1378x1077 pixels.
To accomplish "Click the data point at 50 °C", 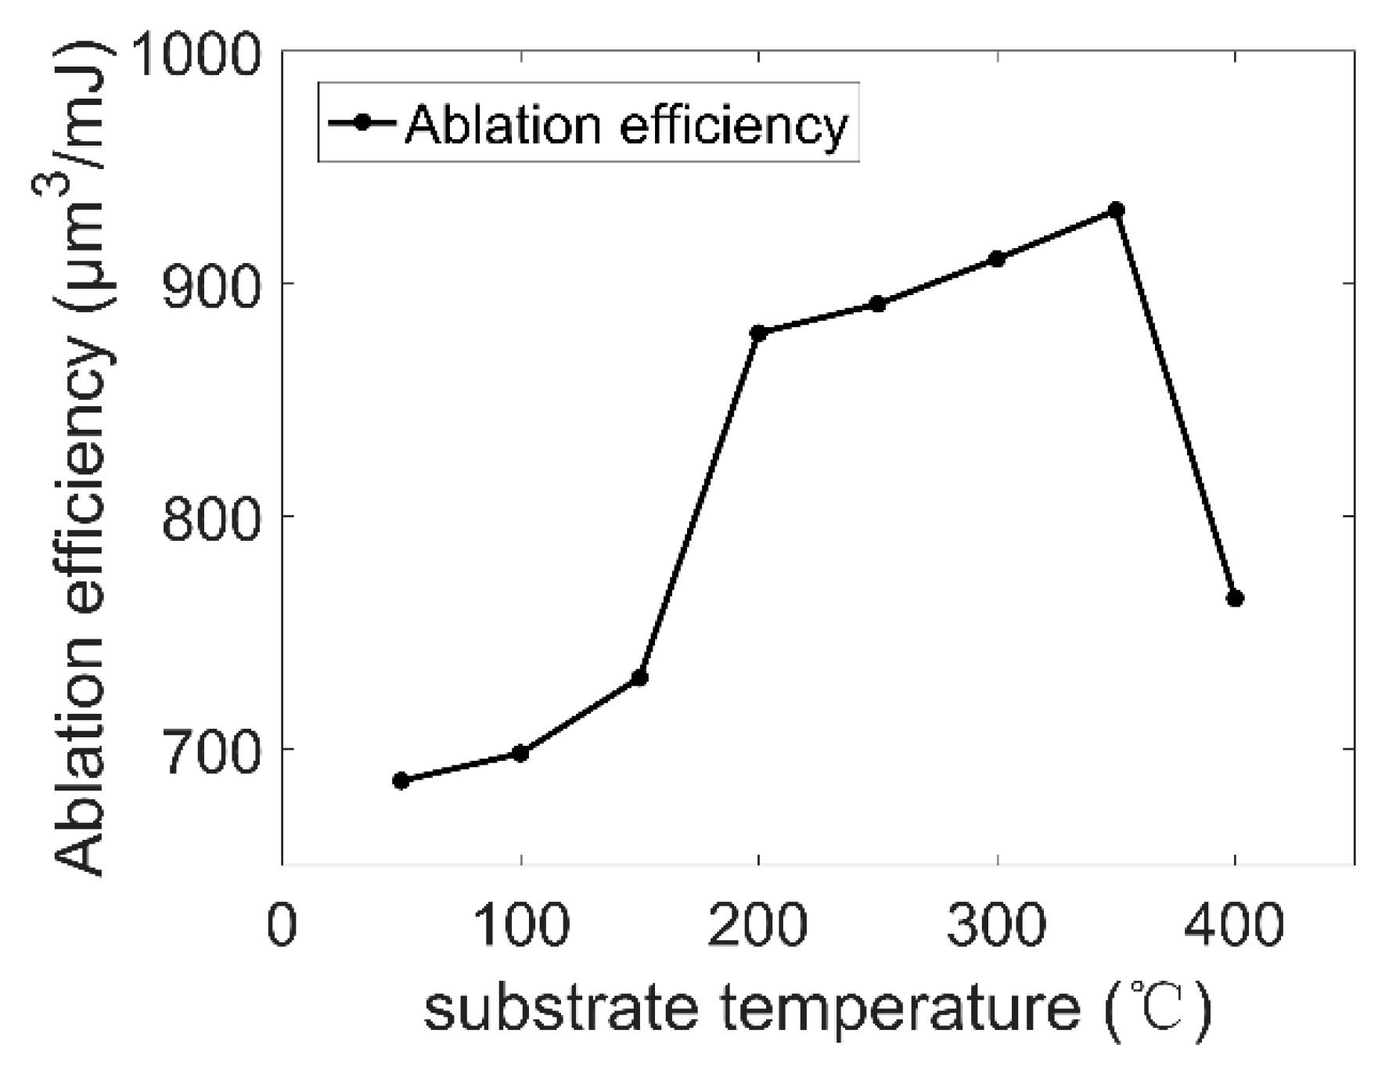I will point(401,780).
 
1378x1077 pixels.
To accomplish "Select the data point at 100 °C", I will point(520,753).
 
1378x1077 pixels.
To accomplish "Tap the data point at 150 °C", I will point(639,677).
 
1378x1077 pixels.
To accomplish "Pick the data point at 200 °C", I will point(758,333).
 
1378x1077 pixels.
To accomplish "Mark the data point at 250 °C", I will point(878,304).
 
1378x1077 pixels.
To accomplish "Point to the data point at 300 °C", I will point(997,258).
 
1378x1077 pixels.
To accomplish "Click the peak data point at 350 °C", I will point(1117,210).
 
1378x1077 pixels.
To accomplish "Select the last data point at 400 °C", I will point(1235,599).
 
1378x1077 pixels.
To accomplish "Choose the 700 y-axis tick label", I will point(210,752).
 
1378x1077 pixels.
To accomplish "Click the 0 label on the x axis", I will point(282,925).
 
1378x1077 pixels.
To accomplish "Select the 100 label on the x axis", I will point(520,925).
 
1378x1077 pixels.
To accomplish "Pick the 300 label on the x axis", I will point(997,925).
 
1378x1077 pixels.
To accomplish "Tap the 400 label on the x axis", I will point(1235,925).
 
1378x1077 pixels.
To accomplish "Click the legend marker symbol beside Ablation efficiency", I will point(362,123).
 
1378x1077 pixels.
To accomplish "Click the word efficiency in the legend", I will point(733,125).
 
